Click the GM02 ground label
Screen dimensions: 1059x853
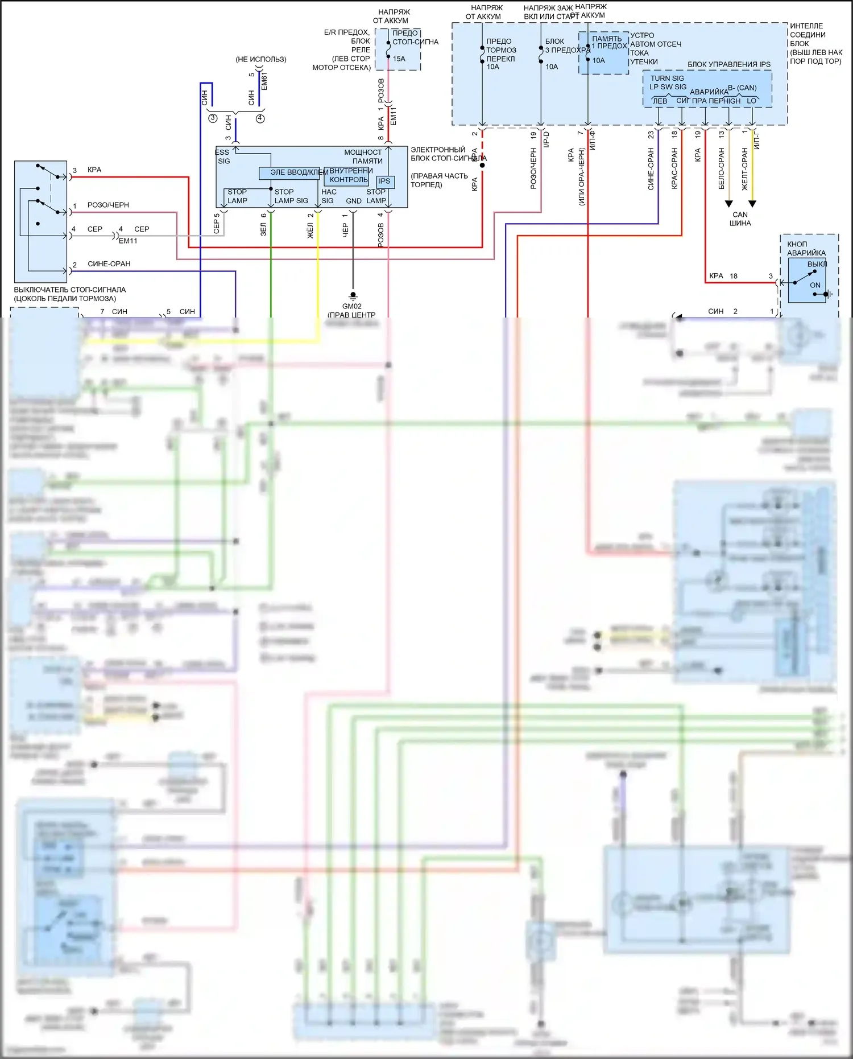[x=352, y=306]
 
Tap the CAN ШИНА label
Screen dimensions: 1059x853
[x=740, y=219]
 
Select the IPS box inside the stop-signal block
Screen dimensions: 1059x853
[x=385, y=182]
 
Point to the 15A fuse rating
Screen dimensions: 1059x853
[x=399, y=59]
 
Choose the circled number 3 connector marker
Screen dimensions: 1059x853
[x=213, y=118]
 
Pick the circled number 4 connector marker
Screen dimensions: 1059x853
[x=260, y=118]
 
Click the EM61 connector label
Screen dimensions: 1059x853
[x=264, y=81]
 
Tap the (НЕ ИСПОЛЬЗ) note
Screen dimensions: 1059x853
[x=261, y=59]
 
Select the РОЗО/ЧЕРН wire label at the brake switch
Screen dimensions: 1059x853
[x=108, y=205]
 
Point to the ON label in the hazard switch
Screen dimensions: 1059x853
[x=815, y=285]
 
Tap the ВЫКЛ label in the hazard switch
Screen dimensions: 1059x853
[x=817, y=264]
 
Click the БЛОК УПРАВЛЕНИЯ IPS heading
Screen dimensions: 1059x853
[x=729, y=64]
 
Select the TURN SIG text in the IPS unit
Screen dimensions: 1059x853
[x=668, y=79]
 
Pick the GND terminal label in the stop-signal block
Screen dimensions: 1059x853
[x=354, y=201]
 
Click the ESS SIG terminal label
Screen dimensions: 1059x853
[x=223, y=156]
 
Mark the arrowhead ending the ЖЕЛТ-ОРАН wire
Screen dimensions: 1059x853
[x=752, y=204]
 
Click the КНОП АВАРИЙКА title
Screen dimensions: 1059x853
[x=806, y=248]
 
